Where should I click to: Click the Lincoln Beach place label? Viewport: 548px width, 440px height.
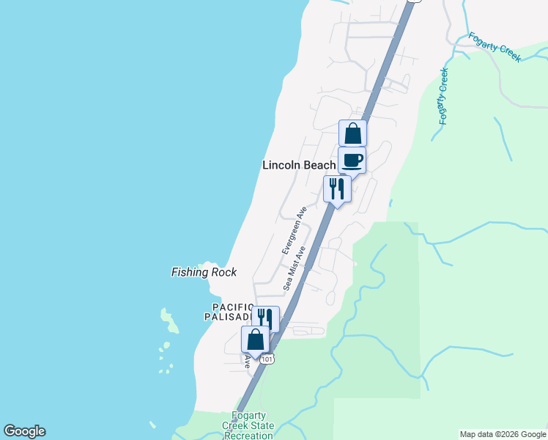point(299,165)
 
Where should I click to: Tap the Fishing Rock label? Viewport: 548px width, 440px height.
point(204,272)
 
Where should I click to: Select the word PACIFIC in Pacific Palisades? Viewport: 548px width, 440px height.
point(232,307)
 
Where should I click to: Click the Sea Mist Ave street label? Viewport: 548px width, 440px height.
point(295,268)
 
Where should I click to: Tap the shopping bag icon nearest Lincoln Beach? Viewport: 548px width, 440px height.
point(352,133)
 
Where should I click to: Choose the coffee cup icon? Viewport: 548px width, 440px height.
point(352,160)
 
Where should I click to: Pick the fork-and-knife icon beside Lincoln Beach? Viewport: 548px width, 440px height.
point(337,188)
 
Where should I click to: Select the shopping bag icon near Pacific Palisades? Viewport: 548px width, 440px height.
point(255,340)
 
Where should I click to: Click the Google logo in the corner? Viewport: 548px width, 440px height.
point(24,431)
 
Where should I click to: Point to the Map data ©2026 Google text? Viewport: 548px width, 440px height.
point(503,434)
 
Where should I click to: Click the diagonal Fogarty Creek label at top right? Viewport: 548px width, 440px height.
point(495,46)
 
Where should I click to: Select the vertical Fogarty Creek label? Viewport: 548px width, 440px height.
point(443,96)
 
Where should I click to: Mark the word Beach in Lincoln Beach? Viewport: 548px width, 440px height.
point(320,165)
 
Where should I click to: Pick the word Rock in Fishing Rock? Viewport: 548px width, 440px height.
point(225,272)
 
